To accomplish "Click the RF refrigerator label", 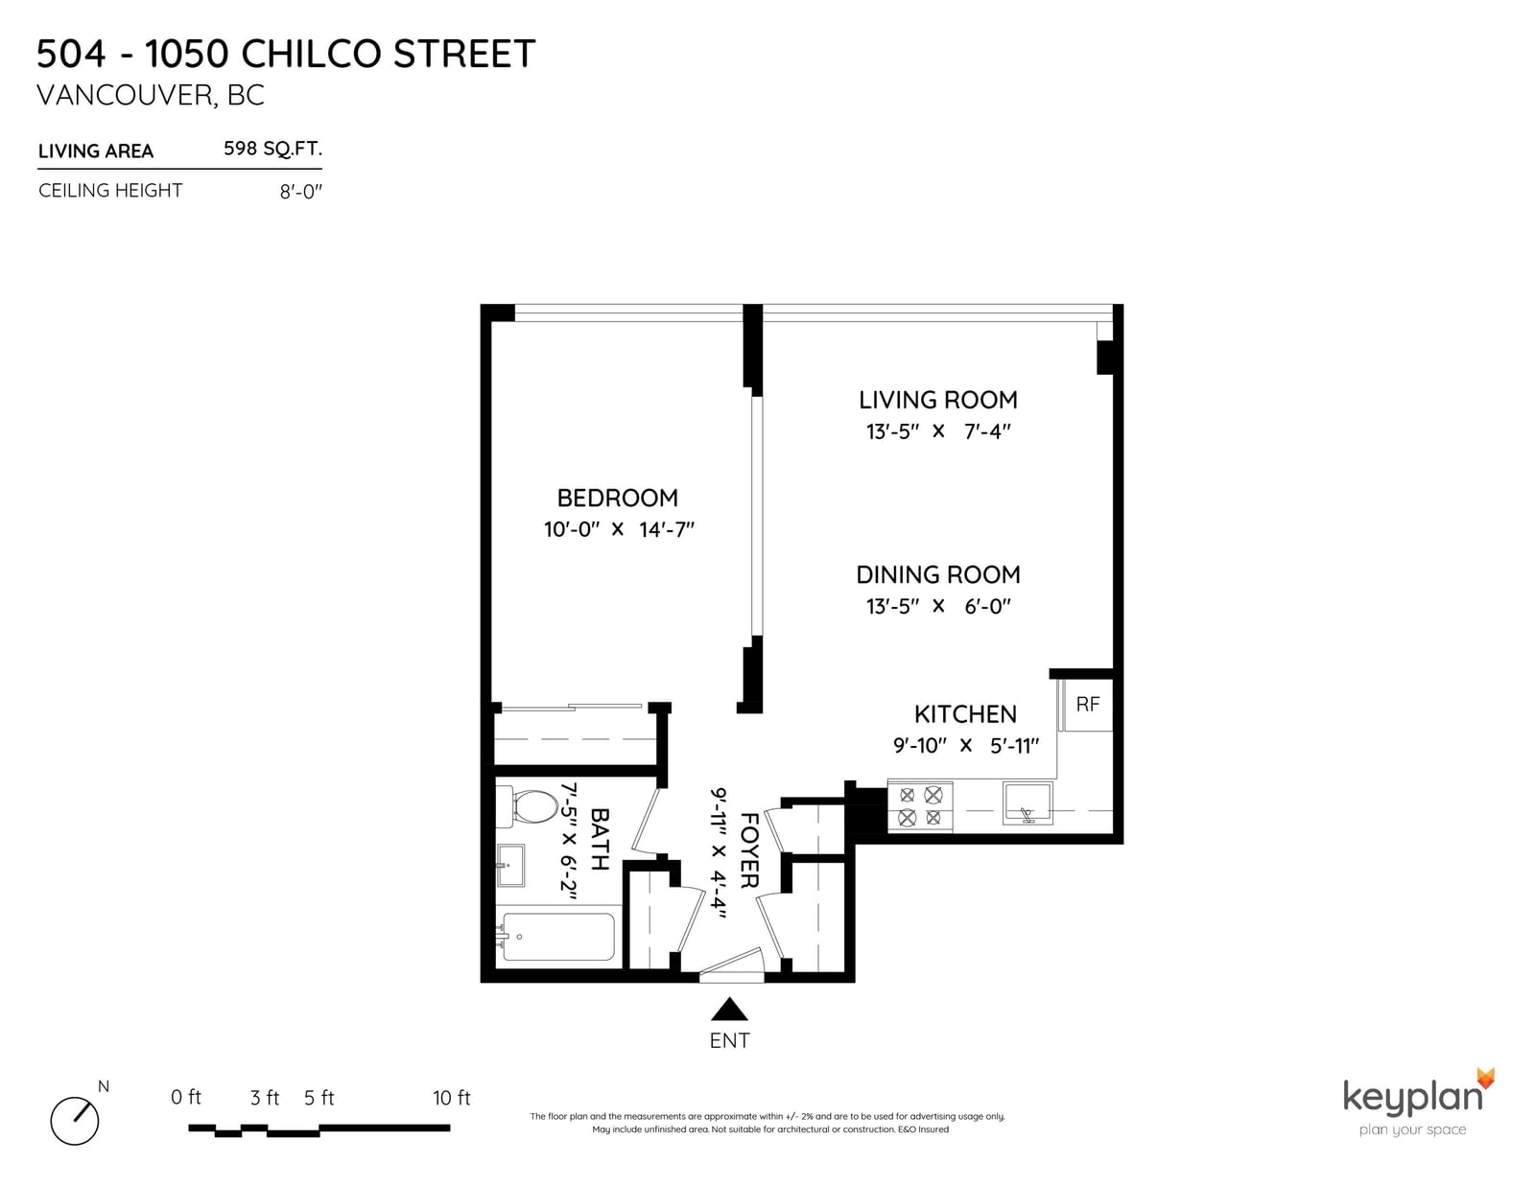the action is click(1087, 704).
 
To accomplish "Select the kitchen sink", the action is click(1027, 802).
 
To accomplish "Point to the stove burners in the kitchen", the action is click(920, 805).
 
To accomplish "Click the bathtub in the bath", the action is click(557, 936).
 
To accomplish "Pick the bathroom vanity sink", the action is click(510, 865).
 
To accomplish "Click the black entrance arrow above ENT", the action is click(729, 1010).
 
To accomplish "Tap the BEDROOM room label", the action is click(618, 499).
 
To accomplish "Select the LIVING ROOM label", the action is click(938, 400).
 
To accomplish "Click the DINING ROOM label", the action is click(938, 574).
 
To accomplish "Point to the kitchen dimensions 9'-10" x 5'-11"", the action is click(966, 746).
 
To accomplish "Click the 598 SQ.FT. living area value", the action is click(272, 149).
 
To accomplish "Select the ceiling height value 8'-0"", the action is click(300, 192).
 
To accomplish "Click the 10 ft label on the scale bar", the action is click(452, 1098).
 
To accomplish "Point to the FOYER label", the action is click(748, 850).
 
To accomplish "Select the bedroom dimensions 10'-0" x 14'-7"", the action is click(619, 529).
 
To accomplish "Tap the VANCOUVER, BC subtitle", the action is click(151, 95).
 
